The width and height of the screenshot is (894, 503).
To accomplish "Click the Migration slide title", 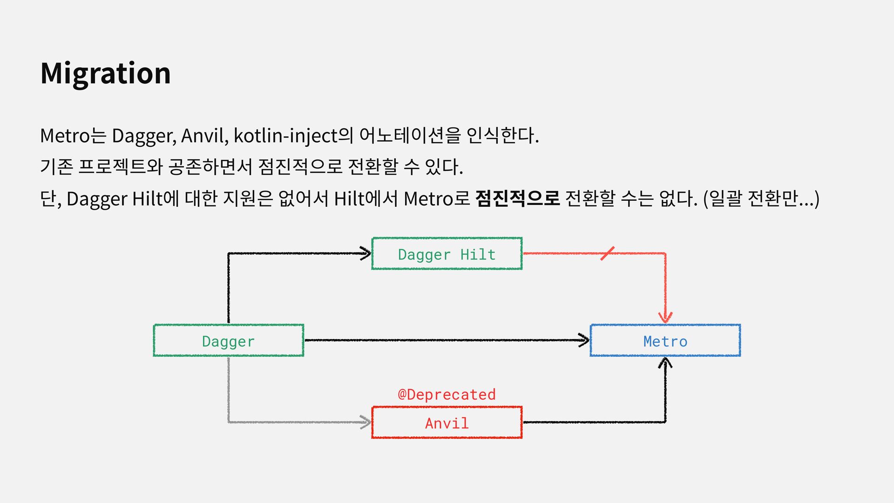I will [x=106, y=74].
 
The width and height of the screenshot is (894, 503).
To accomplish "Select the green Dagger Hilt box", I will [x=447, y=254].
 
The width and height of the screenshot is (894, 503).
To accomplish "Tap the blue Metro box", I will [x=665, y=340].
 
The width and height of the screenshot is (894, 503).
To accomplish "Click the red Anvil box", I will [x=447, y=422].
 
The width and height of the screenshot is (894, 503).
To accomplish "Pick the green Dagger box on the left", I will [x=228, y=340].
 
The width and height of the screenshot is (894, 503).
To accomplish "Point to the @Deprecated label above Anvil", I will [x=447, y=394].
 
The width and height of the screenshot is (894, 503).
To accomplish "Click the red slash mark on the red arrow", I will [x=607, y=253].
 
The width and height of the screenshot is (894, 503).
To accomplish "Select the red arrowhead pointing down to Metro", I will [x=665, y=317].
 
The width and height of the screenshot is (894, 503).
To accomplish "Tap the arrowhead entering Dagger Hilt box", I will [x=365, y=253].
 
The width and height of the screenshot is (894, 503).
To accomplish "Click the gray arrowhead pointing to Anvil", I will [x=365, y=422].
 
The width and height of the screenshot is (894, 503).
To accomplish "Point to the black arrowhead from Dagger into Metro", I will [x=583, y=340].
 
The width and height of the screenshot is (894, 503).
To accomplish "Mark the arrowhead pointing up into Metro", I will [x=665, y=363].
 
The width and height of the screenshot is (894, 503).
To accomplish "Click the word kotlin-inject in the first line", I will [x=286, y=136].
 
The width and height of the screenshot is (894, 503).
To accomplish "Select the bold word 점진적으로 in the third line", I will [x=517, y=198].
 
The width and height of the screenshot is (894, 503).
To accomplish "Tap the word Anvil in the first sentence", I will [x=203, y=136].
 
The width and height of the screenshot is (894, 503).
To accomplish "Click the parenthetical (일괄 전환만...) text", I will [x=761, y=198].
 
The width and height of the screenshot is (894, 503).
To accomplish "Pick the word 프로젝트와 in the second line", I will [x=120, y=166].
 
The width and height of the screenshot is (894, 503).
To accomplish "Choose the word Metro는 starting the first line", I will [x=73, y=136].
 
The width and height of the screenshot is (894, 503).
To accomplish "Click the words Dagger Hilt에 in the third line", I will [x=122, y=198].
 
